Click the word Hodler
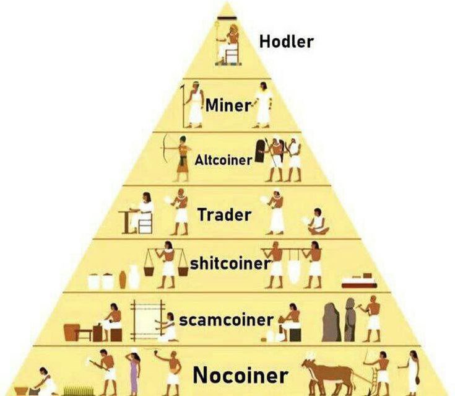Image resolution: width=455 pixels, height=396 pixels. [x=287, y=42]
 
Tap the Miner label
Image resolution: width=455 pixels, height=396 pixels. [x=228, y=105]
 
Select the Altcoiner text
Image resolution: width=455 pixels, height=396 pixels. [x=223, y=160]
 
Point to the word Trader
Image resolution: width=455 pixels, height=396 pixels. [x=224, y=214]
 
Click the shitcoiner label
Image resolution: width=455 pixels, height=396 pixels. [x=230, y=263]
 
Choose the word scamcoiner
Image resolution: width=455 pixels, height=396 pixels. [x=227, y=320]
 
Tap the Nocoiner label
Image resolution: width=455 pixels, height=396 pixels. [x=241, y=375]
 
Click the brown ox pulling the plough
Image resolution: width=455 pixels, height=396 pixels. [x=328, y=375]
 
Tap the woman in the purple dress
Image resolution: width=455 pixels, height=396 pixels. [x=133, y=373]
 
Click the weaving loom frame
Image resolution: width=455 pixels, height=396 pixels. [x=148, y=320]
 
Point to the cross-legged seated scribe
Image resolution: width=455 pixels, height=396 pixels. [x=318, y=222]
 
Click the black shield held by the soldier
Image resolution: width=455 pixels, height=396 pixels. [x=260, y=151]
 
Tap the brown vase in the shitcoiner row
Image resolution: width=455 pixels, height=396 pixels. [x=123, y=279]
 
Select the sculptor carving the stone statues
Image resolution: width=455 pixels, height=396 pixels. [x=371, y=319]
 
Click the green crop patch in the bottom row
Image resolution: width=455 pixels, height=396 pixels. [x=79, y=390]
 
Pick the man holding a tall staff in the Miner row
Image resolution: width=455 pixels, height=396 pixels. [x=194, y=105]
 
